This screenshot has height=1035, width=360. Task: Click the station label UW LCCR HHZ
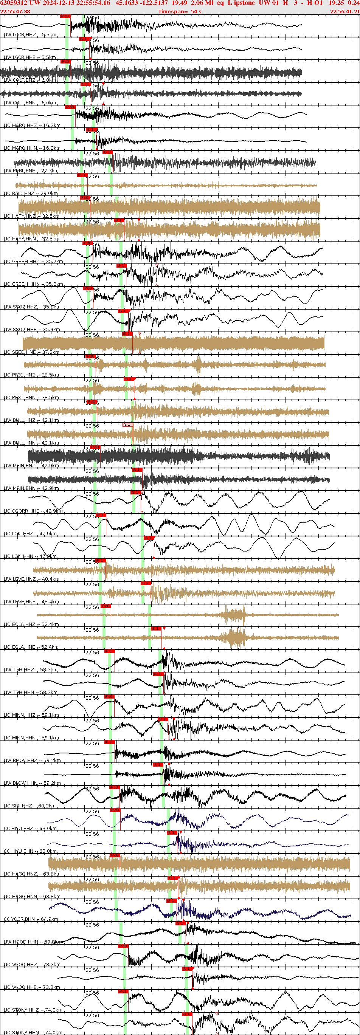30,35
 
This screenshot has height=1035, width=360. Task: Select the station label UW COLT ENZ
30,81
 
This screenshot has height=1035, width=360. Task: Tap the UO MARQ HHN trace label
32,148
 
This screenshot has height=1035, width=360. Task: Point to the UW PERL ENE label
31,171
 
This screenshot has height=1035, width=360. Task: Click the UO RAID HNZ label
31,194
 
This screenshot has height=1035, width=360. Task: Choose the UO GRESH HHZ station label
33,262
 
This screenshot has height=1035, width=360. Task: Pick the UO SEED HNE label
31,352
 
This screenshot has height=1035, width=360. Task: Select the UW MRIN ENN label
31,488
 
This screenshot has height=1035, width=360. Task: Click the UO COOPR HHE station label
33,511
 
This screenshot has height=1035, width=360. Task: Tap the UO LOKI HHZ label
30,534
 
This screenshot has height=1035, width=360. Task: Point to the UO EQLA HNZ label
31,625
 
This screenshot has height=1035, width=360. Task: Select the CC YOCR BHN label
31,919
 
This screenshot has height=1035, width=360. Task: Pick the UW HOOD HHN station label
33,942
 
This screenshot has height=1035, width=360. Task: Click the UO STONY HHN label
33,1033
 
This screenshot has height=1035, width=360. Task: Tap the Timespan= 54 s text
180,11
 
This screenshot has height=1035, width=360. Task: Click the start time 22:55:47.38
15,11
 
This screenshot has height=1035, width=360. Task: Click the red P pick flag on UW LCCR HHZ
65,17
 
